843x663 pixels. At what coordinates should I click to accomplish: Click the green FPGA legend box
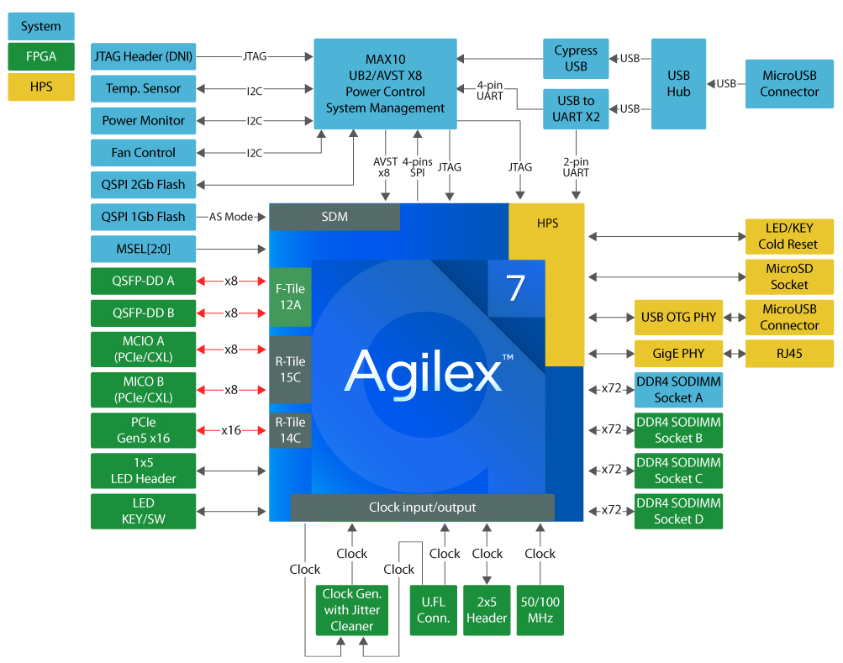(x=40, y=56)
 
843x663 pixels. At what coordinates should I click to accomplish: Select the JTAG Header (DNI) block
(x=143, y=57)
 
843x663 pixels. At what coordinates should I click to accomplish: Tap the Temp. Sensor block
(x=143, y=88)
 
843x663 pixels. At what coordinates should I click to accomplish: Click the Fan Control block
(x=143, y=153)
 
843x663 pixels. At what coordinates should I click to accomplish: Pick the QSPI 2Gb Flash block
(x=143, y=184)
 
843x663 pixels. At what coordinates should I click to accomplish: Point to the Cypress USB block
(x=576, y=59)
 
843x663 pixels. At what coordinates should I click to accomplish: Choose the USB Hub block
(x=678, y=83)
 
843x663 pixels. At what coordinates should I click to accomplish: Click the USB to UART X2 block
(x=576, y=109)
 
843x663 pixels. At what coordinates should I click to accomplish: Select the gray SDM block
(x=335, y=217)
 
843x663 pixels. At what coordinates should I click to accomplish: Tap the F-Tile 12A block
(x=290, y=297)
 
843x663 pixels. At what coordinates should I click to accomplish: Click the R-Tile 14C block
(x=290, y=429)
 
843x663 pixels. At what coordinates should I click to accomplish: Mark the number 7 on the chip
(x=516, y=288)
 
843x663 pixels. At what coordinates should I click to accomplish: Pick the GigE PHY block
(x=677, y=354)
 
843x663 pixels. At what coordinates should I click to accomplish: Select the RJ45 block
(x=789, y=354)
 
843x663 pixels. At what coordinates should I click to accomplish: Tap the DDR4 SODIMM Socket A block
(x=677, y=390)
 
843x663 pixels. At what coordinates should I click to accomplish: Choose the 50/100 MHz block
(x=540, y=610)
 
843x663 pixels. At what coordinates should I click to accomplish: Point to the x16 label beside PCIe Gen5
(x=231, y=430)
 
